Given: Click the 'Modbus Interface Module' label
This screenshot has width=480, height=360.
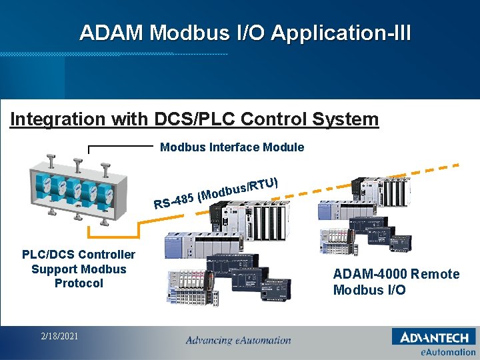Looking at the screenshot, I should [x=232, y=147].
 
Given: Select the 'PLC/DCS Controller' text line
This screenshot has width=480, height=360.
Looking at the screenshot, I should [x=79, y=254].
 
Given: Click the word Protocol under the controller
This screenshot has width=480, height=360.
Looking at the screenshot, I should [x=79, y=283].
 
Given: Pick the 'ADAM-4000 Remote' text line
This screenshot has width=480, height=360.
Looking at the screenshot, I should [x=396, y=274].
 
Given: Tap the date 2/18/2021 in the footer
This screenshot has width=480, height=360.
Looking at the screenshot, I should [x=59, y=336].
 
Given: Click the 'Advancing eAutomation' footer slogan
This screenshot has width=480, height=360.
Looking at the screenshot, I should [x=238, y=341].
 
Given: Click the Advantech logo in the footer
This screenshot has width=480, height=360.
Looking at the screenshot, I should [x=434, y=337].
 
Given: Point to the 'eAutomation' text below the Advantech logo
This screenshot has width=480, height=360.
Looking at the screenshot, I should [x=447, y=352].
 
